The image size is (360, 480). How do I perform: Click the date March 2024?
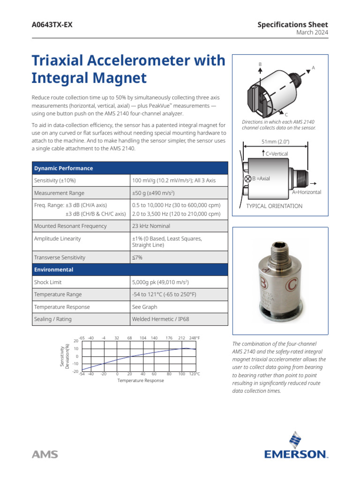click(x=312, y=32)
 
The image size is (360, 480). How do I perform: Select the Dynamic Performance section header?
click(x=63, y=168)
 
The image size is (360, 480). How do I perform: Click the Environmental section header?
click(x=53, y=270)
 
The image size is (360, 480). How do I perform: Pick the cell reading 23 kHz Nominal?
click(x=151, y=226)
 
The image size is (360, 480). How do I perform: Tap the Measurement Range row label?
click(x=59, y=193)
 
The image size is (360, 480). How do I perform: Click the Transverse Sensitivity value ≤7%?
click(x=137, y=257)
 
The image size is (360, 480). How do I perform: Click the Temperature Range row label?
click(x=58, y=294)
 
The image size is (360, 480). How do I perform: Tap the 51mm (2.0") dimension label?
click(x=276, y=142)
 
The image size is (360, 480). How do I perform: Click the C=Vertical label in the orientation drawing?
click(x=276, y=154)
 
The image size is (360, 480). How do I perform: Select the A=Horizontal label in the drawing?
click(x=307, y=192)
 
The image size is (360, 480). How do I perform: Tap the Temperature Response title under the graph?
click(x=141, y=381)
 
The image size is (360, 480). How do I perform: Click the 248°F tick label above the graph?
click(x=194, y=337)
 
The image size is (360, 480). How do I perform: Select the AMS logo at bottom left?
click(x=45, y=454)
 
